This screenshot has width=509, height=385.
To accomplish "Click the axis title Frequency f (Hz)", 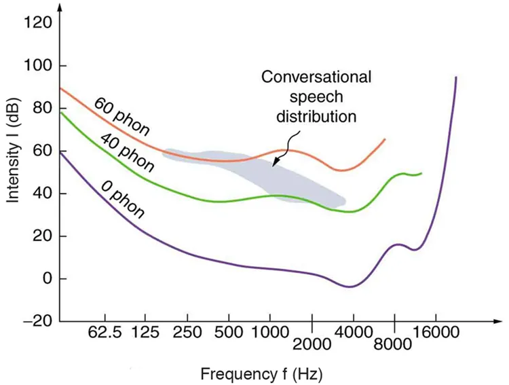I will (x=261, y=373).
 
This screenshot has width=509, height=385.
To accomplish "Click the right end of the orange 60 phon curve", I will (x=385, y=139).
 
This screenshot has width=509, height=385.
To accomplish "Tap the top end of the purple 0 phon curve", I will (x=455, y=77).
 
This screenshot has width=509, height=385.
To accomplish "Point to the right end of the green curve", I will (x=421, y=173).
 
